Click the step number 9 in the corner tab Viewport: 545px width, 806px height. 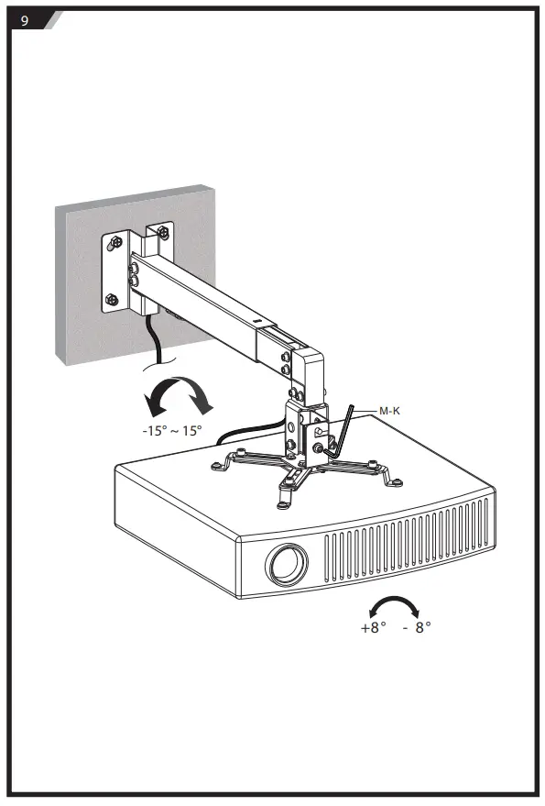point(24,20)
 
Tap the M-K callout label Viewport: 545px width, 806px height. point(389,411)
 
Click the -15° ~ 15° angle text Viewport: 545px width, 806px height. point(172,431)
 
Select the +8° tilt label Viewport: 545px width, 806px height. point(374,627)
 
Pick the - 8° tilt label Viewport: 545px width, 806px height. point(417,627)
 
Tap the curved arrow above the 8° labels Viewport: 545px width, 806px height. point(395,606)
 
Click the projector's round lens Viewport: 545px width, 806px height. point(287,565)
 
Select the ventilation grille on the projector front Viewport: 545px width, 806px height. point(407,540)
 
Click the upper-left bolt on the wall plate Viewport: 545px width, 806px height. point(116,240)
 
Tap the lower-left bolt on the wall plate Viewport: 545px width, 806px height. point(112,299)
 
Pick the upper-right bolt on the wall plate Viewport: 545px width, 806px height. point(164,231)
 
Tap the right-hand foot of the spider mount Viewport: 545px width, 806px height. point(396,481)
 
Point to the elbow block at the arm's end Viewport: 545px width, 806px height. point(309,374)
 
